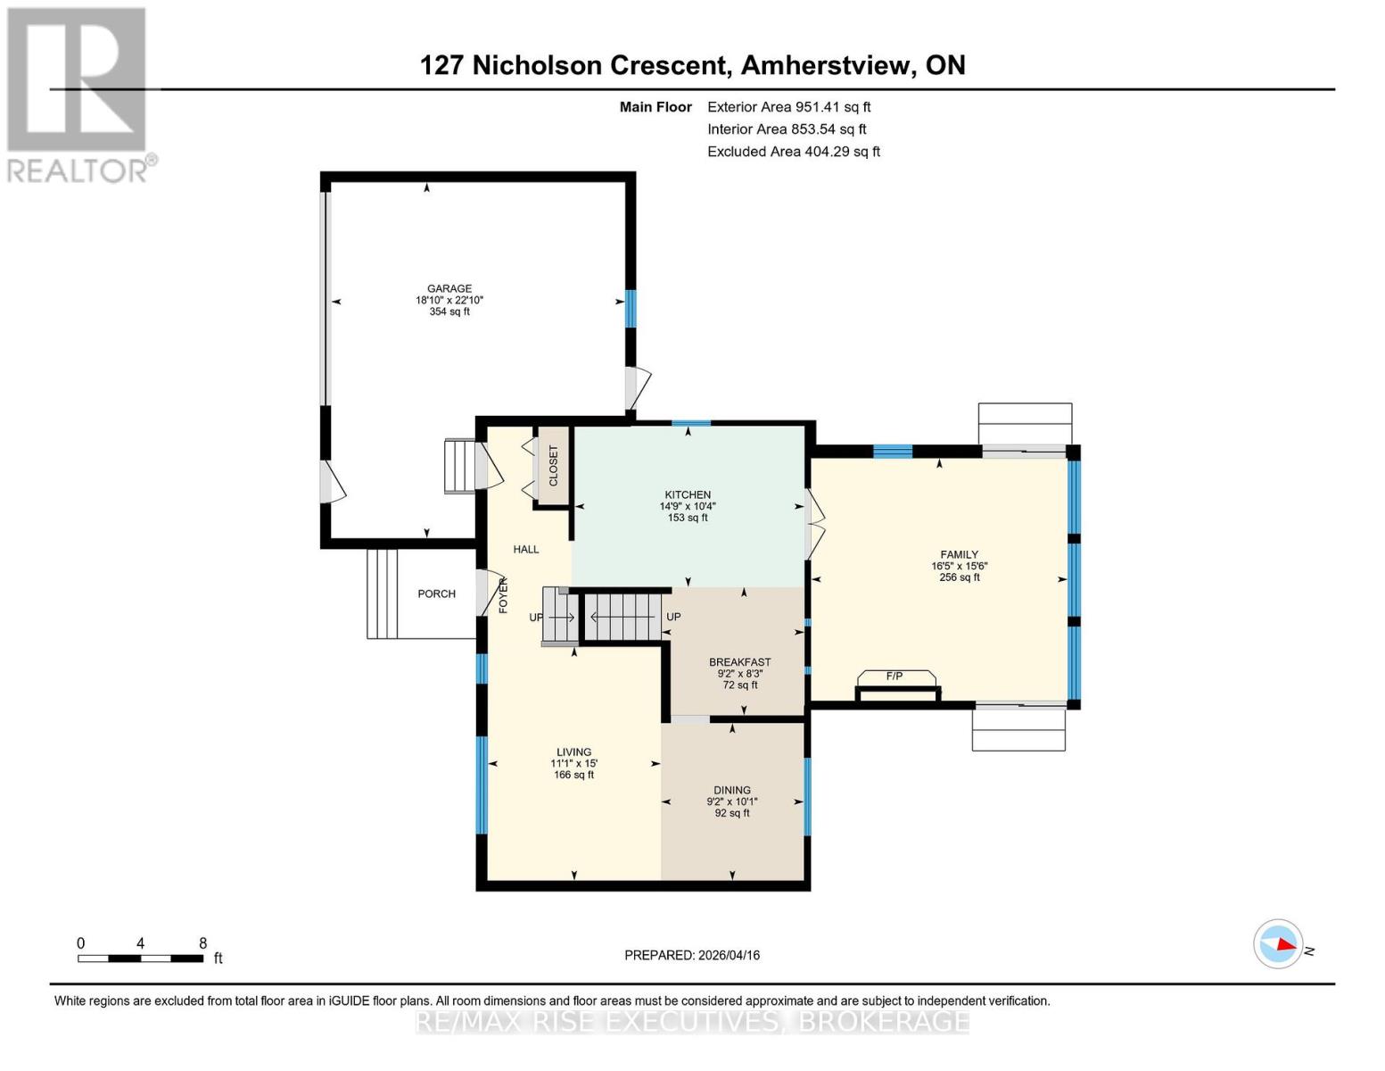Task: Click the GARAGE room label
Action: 449,288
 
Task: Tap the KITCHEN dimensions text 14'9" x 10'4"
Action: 688,506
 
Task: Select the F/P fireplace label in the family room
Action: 894,677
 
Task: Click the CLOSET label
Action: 553,466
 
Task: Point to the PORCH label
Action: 436,594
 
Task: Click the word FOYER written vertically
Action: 503,595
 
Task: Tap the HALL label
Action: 526,549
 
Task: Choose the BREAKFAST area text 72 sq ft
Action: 740,685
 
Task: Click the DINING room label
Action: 732,790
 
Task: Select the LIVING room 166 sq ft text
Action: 573,775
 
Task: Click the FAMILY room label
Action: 960,554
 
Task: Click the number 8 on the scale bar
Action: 203,943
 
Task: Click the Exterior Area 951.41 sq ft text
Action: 788,107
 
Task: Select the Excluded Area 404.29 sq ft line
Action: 793,152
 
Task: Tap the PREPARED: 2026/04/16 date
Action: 692,955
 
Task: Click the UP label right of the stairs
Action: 673,617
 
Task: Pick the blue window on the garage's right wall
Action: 631,308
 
